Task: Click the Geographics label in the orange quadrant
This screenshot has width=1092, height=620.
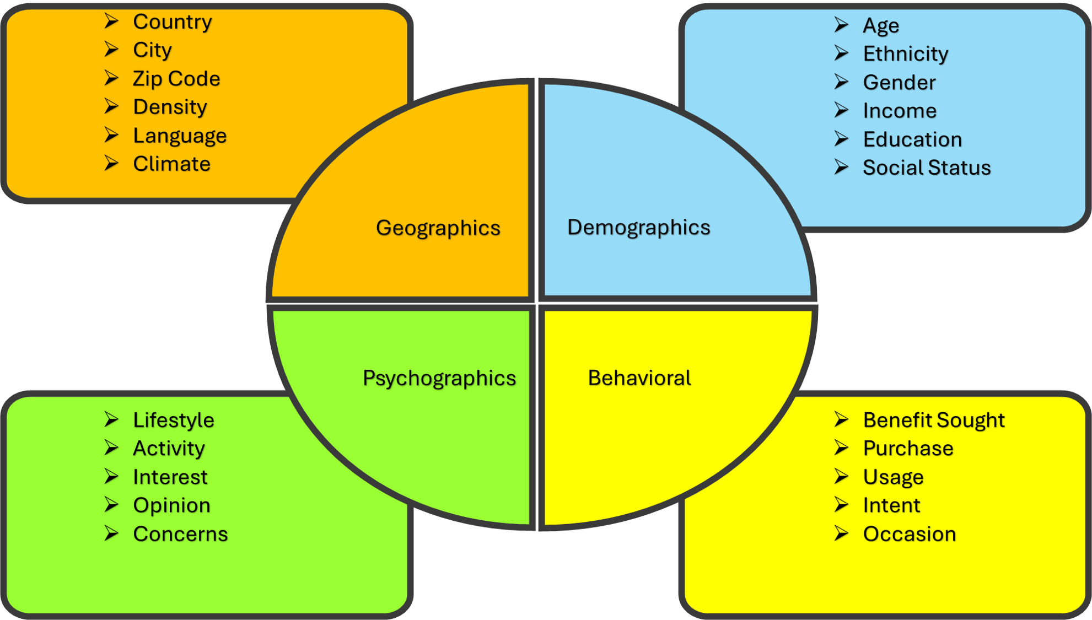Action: coord(438,228)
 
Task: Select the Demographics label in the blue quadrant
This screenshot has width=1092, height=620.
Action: coord(638,228)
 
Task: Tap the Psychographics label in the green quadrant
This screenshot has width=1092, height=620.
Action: coord(439,379)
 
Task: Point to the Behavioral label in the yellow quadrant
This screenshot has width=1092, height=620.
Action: coord(639,378)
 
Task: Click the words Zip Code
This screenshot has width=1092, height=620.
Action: coord(176,79)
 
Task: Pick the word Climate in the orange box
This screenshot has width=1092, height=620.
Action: coord(171,164)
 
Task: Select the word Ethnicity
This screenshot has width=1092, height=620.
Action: coord(905,54)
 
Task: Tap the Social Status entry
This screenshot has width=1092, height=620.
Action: coord(926,168)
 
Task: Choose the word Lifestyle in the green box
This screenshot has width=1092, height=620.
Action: coord(173,420)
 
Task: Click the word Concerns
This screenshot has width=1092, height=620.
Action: coord(180,534)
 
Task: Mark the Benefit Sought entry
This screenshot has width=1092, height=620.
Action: coord(933,420)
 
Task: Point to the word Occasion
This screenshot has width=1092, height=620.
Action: coord(909,534)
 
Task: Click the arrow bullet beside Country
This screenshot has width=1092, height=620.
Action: coord(112,21)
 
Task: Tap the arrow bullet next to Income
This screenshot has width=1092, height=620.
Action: coord(841,110)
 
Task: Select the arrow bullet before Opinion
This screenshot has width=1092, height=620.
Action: coord(112,504)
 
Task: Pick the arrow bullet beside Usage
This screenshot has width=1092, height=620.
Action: coord(841,476)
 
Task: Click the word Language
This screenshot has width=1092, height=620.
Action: coord(180,136)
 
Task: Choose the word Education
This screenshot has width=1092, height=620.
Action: coord(912,139)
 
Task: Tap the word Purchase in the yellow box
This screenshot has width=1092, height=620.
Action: coord(907,449)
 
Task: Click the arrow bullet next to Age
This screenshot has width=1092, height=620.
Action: coord(841,25)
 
